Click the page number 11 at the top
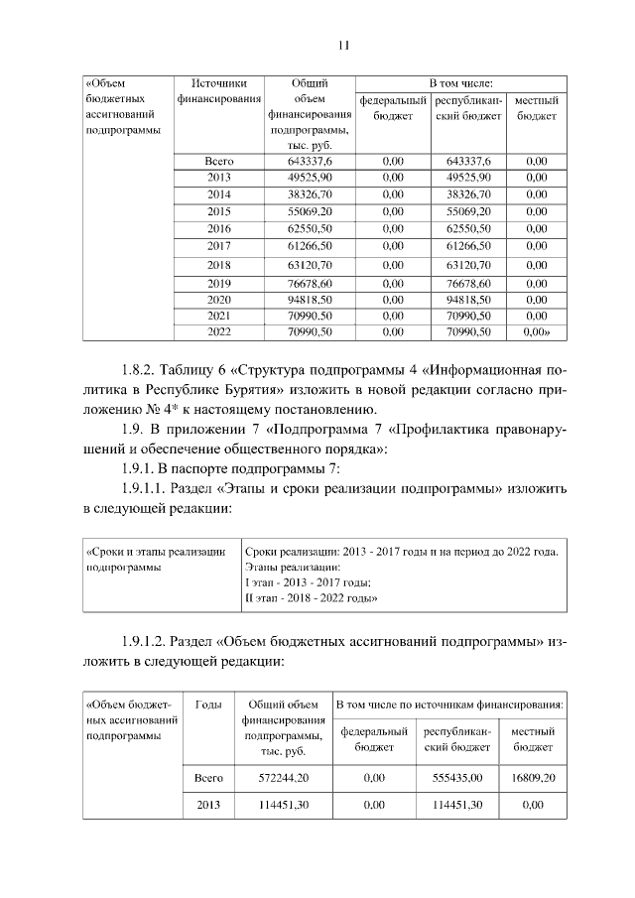[x=344, y=45]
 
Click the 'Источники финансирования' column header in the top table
[x=218, y=91]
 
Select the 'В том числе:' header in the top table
[x=460, y=83]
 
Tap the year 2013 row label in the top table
[x=218, y=177]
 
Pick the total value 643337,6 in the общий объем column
[x=310, y=161]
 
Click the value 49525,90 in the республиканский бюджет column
[x=469, y=177]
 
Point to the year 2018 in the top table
[x=218, y=265]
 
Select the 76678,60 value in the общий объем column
[x=310, y=284]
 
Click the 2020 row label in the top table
[x=218, y=300]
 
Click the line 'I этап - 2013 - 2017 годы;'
[x=307, y=582]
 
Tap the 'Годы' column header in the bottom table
[x=209, y=705]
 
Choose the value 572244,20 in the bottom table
[x=284, y=779]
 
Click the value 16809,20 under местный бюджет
[x=533, y=779]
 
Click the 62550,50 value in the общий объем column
[x=310, y=228]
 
